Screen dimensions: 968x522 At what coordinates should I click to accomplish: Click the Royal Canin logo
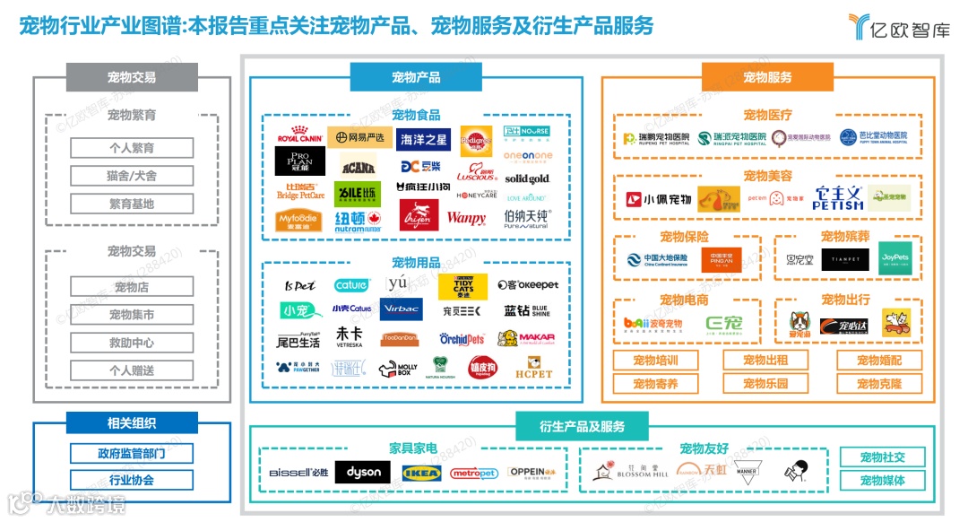(x=299, y=135)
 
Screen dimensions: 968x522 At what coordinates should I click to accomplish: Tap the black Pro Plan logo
(x=299, y=161)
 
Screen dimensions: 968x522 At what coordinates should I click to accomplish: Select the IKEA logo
(x=421, y=472)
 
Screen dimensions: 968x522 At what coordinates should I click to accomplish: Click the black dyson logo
(x=363, y=472)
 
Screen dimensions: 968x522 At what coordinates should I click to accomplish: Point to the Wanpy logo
(x=466, y=218)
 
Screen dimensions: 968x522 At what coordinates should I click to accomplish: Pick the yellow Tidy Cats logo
(x=462, y=286)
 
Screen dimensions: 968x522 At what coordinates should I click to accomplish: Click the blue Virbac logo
(x=398, y=309)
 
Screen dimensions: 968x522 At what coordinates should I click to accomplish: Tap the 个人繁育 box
(x=132, y=148)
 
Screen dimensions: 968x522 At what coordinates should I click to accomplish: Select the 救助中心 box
(x=132, y=343)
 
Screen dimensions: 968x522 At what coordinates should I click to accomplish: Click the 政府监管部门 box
(x=132, y=453)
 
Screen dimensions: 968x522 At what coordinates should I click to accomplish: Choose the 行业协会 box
(x=132, y=480)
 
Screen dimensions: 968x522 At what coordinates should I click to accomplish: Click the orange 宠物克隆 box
(x=879, y=384)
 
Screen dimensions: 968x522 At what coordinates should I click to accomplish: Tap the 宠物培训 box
(x=655, y=361)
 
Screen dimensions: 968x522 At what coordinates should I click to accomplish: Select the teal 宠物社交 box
(x=882, y=457)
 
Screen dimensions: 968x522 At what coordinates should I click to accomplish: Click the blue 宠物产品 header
(x=416, y=77)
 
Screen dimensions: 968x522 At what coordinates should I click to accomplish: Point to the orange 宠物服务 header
(x=767, y=77)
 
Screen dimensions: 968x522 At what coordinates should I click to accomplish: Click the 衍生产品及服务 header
(x=582, y=426)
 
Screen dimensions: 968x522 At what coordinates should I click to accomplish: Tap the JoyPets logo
(x=895, y=257)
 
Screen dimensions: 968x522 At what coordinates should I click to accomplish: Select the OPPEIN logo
(x=538, y=472)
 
